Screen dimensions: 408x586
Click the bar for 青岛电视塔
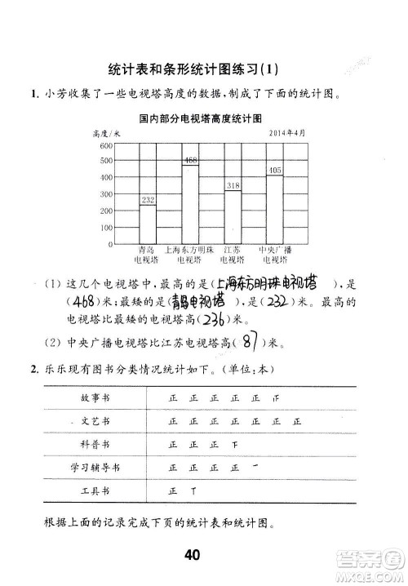148,224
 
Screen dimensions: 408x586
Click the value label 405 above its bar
274,171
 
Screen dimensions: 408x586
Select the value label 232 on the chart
148,200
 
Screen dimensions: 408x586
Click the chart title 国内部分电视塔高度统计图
199,117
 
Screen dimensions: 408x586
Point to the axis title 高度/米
108,132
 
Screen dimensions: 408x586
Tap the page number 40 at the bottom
193,556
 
